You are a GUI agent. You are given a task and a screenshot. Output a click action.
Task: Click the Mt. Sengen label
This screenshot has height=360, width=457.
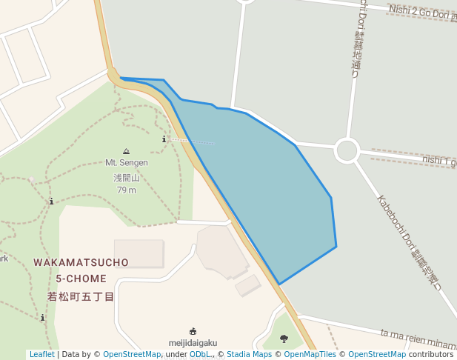pyautogui.click(x=126, y=163)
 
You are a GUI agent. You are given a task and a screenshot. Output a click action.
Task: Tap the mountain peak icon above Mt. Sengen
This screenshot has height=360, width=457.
pyautogui.click(x=126, y=151)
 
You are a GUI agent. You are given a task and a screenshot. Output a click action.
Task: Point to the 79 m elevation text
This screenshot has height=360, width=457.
pyautogui.click(x=127, y=190)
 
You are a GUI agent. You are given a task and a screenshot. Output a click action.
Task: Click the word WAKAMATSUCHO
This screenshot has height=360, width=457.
pyautogui.click(x=81, y=263)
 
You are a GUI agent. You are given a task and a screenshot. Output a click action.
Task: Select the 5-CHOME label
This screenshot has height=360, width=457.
pyautogui.click(x=81, y=279)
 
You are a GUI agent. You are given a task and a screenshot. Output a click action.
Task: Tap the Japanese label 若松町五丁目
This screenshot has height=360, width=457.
pyautogui.click(x=81, y=297)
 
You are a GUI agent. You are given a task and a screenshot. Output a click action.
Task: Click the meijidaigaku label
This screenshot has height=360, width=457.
pyautogui.click(x=193, y=343)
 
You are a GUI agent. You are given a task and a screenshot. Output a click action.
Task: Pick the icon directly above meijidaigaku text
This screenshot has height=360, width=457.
pyautogui.click(x=193, y=331)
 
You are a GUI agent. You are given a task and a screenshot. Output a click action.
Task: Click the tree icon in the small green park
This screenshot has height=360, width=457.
pyautogui.click(x=284, y=339)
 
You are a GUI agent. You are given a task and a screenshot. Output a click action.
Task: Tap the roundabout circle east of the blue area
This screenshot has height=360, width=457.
pyautogui.click(x=347, y=150)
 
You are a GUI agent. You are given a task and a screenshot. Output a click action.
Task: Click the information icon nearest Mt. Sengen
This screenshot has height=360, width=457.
pyautogui.click(x=164, y=139)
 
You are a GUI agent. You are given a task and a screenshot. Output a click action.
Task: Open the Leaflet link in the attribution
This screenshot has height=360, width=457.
pyautogui.click(x=41, y=355)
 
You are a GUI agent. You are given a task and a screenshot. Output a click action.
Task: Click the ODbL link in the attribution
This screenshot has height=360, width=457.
pyautogui.click(x=200, y=355)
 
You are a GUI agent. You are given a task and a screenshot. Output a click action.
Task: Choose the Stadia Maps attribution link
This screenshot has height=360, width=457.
pyautogui.click(x=249, y=355)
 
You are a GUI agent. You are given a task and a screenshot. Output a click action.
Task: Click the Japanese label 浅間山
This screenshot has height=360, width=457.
pyautogui.click(x=126, y=178)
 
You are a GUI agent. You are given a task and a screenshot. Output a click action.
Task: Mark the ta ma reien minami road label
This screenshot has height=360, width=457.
pyautogui.click(x=418, y=340)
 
